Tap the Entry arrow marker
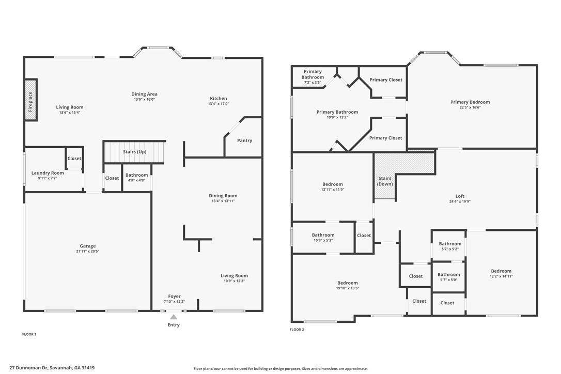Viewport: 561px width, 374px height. tap(174, 317)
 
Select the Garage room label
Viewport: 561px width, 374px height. tap(88, 246)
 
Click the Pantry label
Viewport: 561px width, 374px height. tap(244, 141)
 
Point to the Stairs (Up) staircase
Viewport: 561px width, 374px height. tap(134, 152)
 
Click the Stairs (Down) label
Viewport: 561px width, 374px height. tap(385, 181)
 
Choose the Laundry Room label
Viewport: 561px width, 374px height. tap(48, 173)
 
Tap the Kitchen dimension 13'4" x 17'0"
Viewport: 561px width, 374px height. tap(218, 104)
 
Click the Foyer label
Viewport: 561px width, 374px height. tap(174, 297)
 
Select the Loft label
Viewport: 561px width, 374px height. tap(460, 196)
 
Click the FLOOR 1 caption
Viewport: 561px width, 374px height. tap(29, 334)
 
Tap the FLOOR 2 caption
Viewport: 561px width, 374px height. tap(297, 329)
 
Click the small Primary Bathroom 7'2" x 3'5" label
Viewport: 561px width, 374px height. tap(313, 77)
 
